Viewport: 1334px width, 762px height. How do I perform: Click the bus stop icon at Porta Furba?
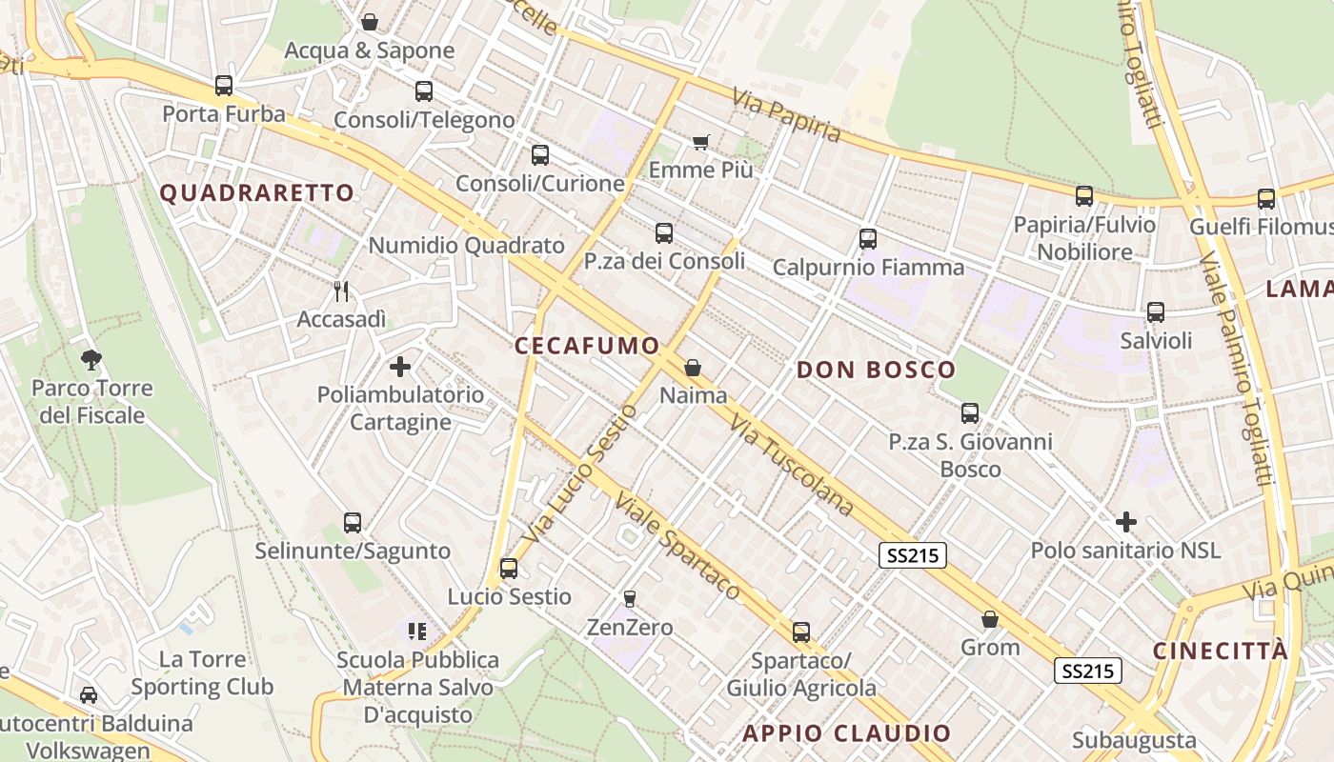(x=224, y=86)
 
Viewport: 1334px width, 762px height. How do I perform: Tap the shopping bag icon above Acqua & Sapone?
(x=369, y=21)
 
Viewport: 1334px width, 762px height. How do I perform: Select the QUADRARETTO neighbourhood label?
(x=257, y=193)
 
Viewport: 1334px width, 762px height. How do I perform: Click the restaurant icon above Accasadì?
(x=341, y=291)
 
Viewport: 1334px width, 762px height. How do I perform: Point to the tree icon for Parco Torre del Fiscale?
(x=91, y=359)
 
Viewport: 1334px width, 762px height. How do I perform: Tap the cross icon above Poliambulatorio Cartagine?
(x=400, y=366)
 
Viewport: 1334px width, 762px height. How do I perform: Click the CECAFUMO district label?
(x=587, y=346)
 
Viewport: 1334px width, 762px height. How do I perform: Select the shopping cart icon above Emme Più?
(x=701, y=142)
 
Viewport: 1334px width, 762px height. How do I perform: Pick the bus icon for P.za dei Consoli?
(x=664, y=232)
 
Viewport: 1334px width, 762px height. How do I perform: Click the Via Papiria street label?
(x=787, y=115)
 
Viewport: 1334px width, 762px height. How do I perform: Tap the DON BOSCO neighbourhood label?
(x=876, y=371)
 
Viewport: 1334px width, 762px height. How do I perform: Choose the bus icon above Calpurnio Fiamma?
(x=867, y=238)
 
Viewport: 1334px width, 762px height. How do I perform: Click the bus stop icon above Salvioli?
(x=1156, y=311)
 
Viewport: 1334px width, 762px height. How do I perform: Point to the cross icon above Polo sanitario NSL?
(x=1126, y=522)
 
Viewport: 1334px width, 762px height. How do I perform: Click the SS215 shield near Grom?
(x=1089, y=671)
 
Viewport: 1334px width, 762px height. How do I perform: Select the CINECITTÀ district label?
(x=1221, y=652)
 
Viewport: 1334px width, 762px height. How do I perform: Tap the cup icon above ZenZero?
(x=629, y=598)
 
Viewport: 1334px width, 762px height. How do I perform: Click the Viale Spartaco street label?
(x=677, y=546)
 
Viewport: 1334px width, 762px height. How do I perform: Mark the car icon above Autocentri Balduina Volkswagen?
(x=89, y=694)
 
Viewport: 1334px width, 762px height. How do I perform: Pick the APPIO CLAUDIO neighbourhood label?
(x=847, y=733)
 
